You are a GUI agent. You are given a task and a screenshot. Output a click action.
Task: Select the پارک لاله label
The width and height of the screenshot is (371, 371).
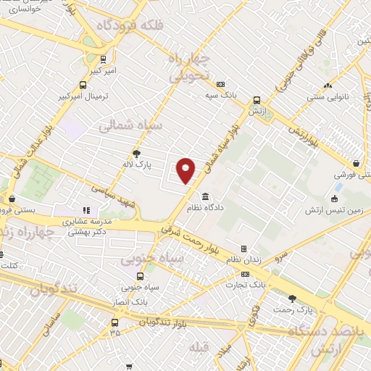point(136,165)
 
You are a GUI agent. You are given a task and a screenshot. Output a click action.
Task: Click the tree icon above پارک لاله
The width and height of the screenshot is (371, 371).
point(136,153)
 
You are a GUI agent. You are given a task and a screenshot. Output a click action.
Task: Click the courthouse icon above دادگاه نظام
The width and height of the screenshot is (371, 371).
point(207,196)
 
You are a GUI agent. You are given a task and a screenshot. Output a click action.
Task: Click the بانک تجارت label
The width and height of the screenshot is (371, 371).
point(245,285)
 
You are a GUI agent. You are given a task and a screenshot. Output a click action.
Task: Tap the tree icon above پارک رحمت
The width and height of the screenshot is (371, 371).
point(293,299)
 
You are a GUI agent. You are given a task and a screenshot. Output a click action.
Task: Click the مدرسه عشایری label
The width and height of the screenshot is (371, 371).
point(85,222)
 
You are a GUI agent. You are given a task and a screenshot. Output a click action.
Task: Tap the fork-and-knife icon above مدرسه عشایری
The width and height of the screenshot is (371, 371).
point(85,210)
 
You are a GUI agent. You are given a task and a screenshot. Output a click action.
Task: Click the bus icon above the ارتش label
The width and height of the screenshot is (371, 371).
point(257,101)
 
